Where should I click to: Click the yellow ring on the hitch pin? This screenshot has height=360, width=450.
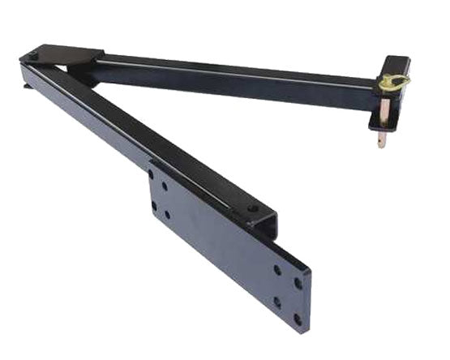(396, 82)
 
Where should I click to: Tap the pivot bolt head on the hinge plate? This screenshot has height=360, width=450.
(33, 56)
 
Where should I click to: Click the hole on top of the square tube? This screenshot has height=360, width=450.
(252, 208)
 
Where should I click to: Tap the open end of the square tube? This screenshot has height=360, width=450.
(269, 226)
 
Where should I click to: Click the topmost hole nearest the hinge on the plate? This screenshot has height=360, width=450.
(151, 174)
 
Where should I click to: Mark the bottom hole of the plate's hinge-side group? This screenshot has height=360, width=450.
(168, 216)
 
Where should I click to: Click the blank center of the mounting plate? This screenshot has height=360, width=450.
(219, 243)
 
